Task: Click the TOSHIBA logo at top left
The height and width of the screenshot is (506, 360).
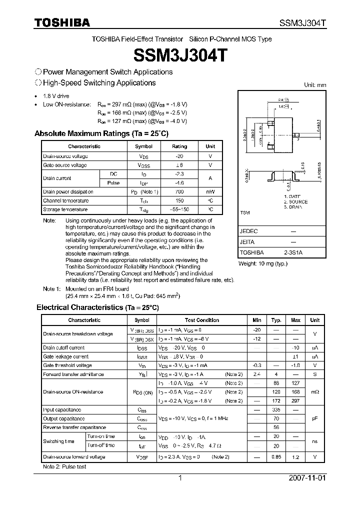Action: coord(62,22)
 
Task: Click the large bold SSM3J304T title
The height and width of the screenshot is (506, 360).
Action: coord(179,55)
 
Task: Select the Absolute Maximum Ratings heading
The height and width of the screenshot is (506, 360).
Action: coord(101,133)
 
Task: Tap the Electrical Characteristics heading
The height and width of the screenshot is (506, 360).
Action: coord(97,307)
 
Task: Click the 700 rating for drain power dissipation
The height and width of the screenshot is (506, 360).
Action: coord(179,191)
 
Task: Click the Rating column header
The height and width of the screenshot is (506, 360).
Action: coord(179,146)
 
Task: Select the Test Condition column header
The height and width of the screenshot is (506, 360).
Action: coord(201,320)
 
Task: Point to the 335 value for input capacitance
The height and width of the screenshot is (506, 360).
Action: coord(276,409)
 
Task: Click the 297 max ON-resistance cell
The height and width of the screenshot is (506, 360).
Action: coord(295,401)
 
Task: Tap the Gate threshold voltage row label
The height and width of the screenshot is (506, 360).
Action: coord(67,365)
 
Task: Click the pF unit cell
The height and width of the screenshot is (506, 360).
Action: coord(315,418)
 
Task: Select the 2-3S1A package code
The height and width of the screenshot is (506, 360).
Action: coord(294,252)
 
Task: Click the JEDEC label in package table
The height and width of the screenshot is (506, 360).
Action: coord(248,231)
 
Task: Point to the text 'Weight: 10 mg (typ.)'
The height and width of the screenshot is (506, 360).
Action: coord(262,263)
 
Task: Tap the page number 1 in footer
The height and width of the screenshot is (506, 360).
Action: coord(180,478)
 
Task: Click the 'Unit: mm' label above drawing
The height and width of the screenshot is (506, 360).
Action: coord(315,85)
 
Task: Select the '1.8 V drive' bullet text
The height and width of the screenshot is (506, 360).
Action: coord(56,96)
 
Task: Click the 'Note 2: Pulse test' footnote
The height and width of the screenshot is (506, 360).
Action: coord(64,466)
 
